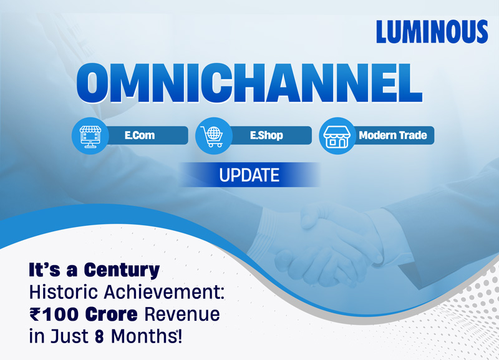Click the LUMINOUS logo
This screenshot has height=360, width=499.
pos(432,32)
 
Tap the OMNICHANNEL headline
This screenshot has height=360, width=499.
pos(249,83)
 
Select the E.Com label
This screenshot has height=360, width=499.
pos(140,135)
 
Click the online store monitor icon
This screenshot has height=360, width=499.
pos(90,136)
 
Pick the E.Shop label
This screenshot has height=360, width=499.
pos(266,135)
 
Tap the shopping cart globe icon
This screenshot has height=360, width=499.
pos(212,136)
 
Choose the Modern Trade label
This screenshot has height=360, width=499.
pos(393,135)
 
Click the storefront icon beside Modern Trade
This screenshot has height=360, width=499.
pos(337,136)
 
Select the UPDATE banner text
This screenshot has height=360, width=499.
pos(249,175)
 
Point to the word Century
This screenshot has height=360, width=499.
pos(122,270)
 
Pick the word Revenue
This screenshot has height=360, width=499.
pos(182,314)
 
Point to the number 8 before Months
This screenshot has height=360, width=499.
pos(99,336)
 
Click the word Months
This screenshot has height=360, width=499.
pos(143,336)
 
